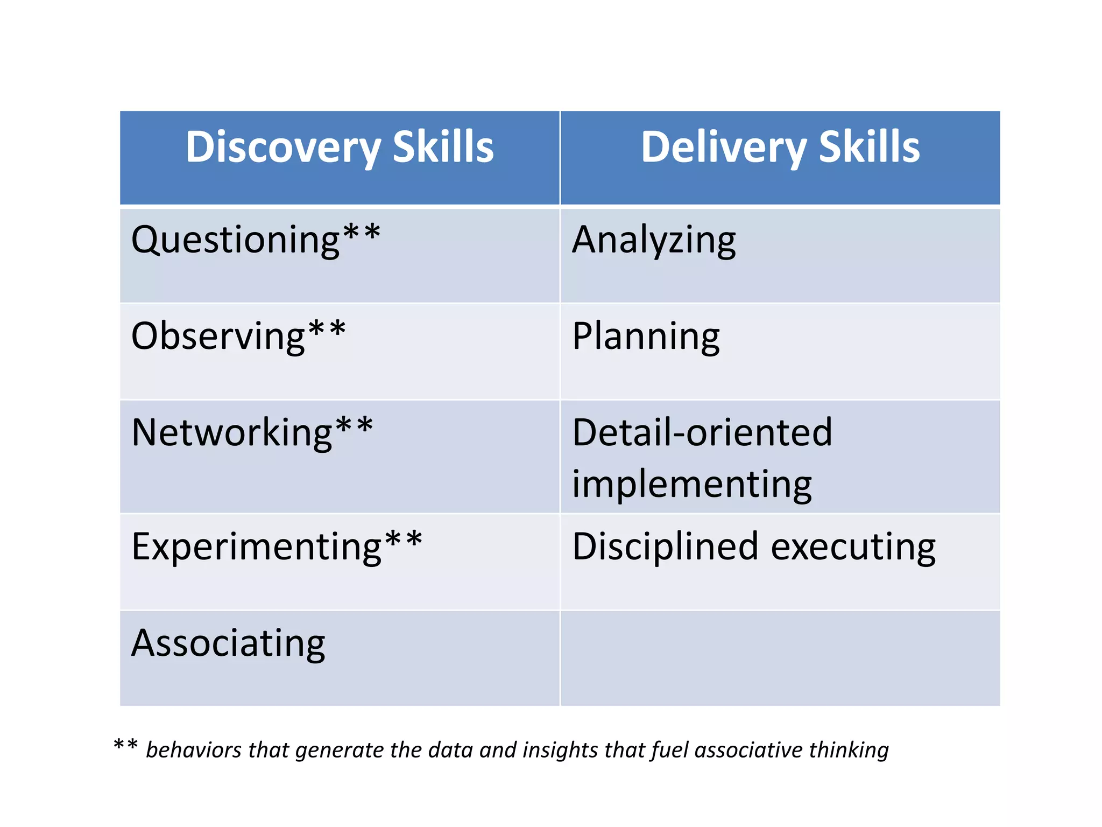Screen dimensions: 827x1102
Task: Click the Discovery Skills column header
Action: click(340, 148)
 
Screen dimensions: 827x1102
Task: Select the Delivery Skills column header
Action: click(780, 148)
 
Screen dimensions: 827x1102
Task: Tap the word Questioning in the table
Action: click(235, 240)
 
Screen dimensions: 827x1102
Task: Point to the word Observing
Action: click(218, 337)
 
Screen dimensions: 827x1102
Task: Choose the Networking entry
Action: click(232, 433)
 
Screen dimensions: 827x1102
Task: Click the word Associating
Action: click(228, 643)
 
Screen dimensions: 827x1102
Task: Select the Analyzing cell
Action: click(654, 240)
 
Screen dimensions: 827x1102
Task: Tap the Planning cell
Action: click(646, 337)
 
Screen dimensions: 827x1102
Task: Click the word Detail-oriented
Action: click(702, 433)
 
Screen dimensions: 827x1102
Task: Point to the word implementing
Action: click(691, 485)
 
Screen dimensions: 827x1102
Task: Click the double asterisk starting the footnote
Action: click(125, 746)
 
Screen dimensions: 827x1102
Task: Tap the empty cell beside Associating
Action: click(780, 658)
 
